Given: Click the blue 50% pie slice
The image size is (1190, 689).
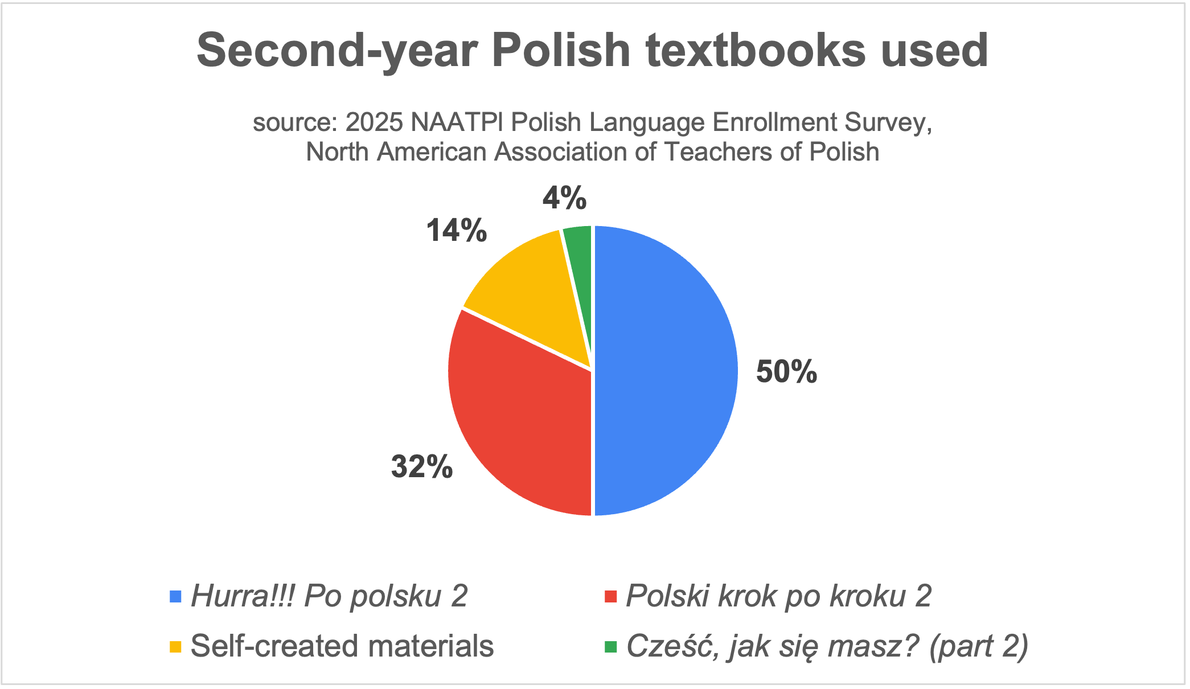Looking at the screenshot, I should (x=666, y=370).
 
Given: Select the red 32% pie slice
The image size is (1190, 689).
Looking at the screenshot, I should (x=518, y=421).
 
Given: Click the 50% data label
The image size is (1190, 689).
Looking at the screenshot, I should (x=786, y=372).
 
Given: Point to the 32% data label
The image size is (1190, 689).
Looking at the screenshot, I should (x=422, y=467).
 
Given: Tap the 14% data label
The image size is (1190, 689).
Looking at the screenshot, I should (x=457, y=231).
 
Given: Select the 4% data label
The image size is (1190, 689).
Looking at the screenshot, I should (x=564, y=198).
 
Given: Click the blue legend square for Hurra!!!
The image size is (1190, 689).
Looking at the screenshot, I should (x=175, y=597).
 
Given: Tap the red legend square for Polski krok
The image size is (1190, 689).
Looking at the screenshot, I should (x=610, y=597).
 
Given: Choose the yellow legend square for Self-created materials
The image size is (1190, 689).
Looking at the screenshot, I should (x=175, y=647).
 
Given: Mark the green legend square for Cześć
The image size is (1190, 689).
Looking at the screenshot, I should (x=610, y=647).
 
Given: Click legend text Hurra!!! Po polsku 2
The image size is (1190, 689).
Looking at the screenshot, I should (x=329, y=596).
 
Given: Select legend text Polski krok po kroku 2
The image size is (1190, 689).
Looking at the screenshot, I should (x=778, y=596).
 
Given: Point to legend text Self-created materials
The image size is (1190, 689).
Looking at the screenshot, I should (x=342, y=646).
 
